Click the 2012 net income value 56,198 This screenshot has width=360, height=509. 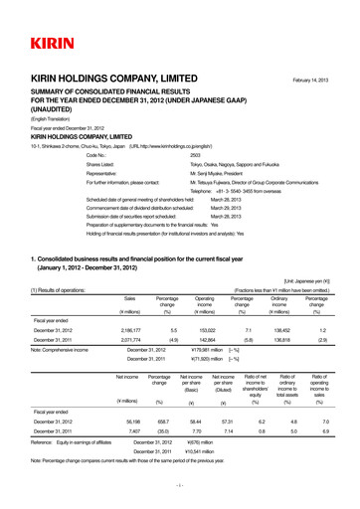click(126, 422)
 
